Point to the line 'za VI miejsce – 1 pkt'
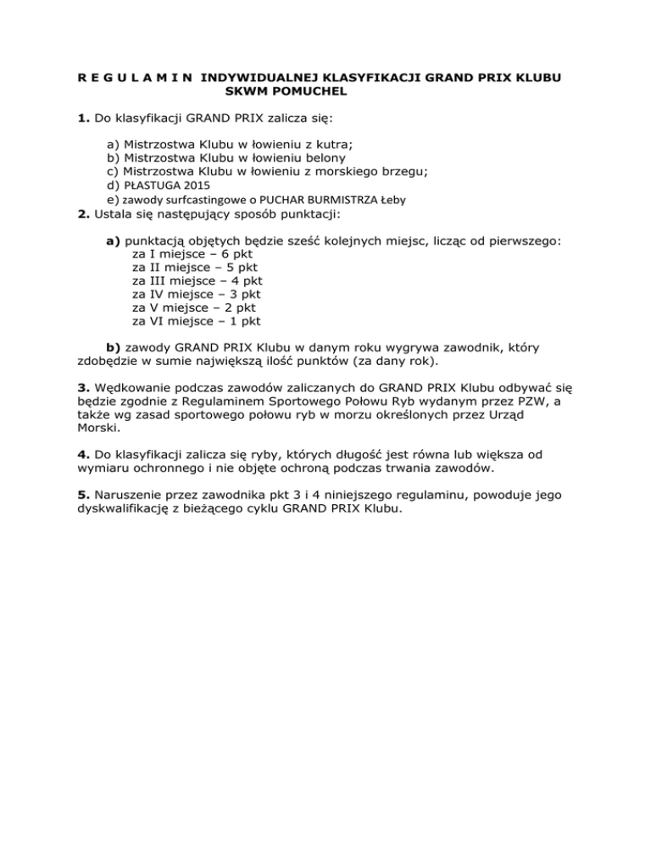tap(197, 321)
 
